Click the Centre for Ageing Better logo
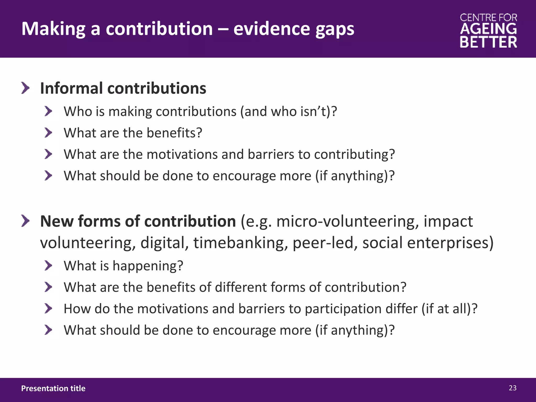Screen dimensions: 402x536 coord(488,31)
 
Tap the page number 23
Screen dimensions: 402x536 coord(512,388)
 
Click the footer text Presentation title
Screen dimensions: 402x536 coord(53,388)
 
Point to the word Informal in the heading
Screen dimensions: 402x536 coord(71,88)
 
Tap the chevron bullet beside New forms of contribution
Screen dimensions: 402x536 coord(25,221)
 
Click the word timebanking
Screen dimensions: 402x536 coord(239,243)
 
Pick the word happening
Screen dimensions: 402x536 coord(148,266)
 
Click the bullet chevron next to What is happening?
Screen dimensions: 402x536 coord(48,266)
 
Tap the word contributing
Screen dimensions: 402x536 coord(354,154)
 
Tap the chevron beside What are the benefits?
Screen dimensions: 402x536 coord(48,133)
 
